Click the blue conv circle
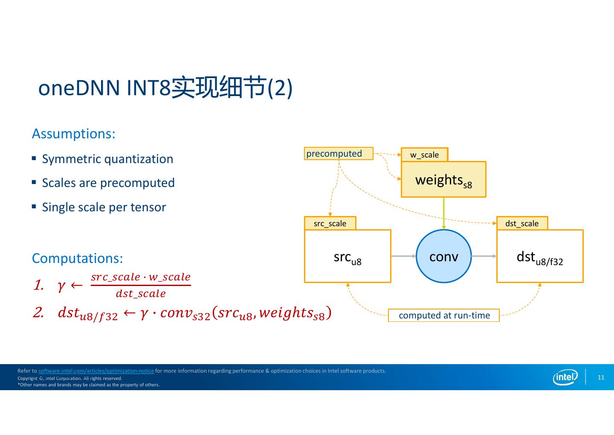pyautogui.click(x=443, y=256)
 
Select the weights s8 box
pyautogui.click(x=443, y=180)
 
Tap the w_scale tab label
pyautogui.click(x=424, y=155)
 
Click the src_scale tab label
pyautogui.click(x=330, y=223)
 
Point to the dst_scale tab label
pyautogui.click(x=522, y=223)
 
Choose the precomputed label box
pyautogui.click(x=339, y=154)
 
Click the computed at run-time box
pyautogui.click(x=444, y=315)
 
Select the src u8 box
pyautogui.click(x=348, y=257)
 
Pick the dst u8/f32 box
pyautogui.click(x=540, y=257)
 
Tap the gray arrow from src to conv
pyautogui.click(x=403, y=256)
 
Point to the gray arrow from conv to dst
pyautogui.click(x=484, y=256)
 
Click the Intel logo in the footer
pyautogui.click(x=565, y=377)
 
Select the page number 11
pyautogui.click(x=601, y=377)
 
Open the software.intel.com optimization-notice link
pyautogui.click(x=96, y=371)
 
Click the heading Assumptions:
pyautogui.click(x=73, y=134)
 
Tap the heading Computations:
pyautogui.click(x=77, y=258)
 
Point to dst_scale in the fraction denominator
pyautogui.click(x=141, y=294)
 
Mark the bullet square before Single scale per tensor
pyautogui.click(x=34, y=207)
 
